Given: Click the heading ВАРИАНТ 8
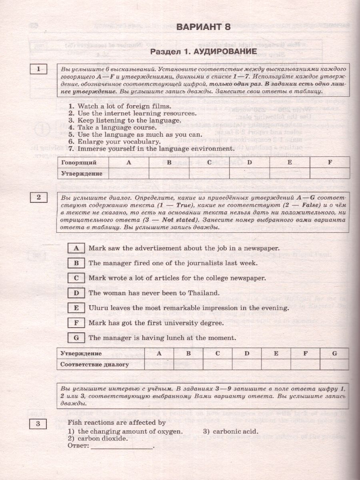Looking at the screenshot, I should coord(203,27).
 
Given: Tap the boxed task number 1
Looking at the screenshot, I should coord(38,69).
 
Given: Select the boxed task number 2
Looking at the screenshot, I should coord(38,197).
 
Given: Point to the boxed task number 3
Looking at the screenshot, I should coord(38,424).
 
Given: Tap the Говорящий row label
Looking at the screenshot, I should coord(78,162).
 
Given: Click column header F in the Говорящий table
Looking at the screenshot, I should coord(330,162).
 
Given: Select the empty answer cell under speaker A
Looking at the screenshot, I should coord(129,174).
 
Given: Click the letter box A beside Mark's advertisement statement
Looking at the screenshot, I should coord(76,248).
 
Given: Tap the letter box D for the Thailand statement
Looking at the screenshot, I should coord(76,293).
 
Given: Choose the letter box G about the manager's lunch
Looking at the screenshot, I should coord(76,338).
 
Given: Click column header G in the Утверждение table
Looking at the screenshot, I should coord(334,354).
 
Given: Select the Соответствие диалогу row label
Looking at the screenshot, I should coord(94,364).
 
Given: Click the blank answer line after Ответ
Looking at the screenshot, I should coord(122,446).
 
